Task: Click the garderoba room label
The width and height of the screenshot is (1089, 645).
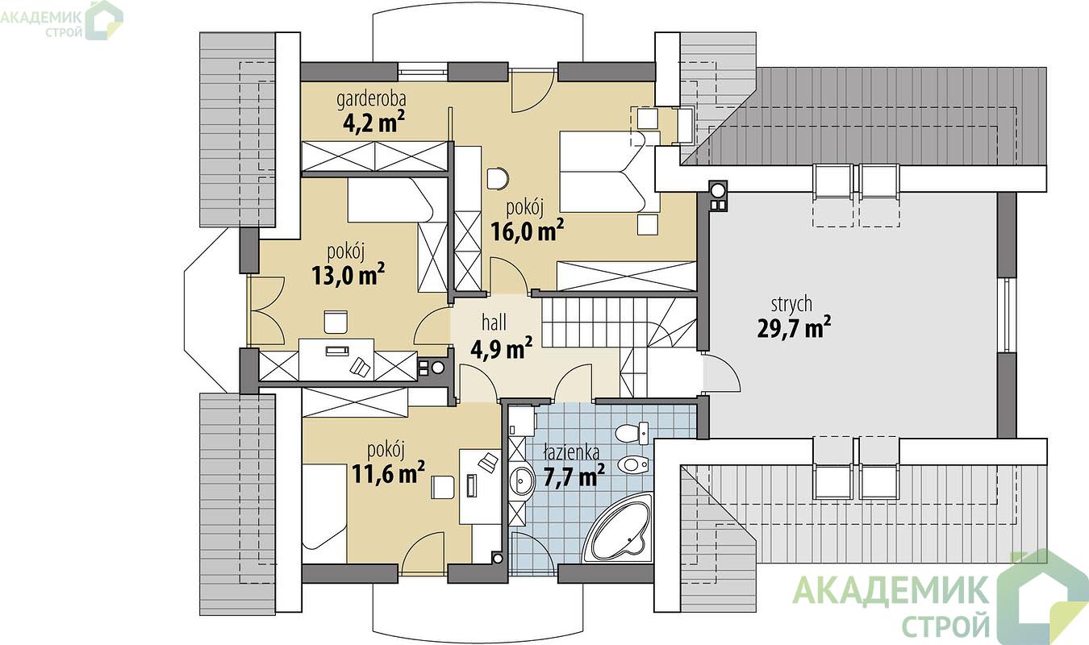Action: click(371, 99)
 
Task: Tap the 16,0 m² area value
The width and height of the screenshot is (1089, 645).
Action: click(527, 231)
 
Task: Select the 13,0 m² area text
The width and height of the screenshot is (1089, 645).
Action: click(348, 275)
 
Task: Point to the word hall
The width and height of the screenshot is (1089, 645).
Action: click(494, 322)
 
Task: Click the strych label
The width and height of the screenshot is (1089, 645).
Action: click(791, 304)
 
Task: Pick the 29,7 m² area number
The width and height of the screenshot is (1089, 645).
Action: click(794, 327)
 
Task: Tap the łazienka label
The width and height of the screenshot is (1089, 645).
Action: click(571, 452)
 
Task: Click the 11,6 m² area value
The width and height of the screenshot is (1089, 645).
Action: click(388, 473)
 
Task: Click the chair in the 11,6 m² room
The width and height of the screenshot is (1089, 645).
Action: click(442, 487)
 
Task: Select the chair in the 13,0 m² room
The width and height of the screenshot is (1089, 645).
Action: click(336, 322)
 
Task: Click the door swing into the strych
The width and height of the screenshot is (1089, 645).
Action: click(721, 373)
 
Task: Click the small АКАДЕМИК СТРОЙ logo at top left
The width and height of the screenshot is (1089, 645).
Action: click(61, 20)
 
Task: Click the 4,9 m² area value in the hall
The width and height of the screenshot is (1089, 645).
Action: click(501, 347)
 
